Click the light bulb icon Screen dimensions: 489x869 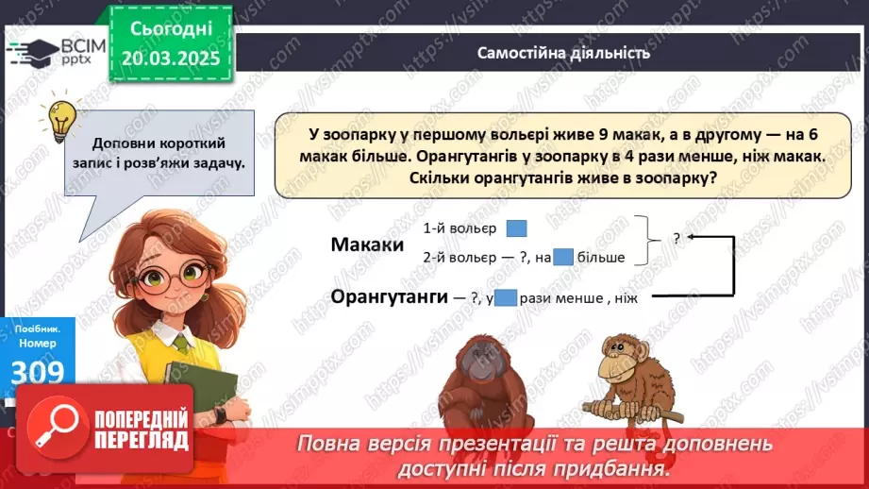61,121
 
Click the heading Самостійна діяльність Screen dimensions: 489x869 563,53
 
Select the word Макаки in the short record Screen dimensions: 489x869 367,244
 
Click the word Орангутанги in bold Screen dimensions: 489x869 389,296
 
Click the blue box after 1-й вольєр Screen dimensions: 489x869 516,228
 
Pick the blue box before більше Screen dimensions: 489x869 563,257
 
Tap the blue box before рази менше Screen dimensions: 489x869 506,297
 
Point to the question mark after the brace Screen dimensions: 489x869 677,239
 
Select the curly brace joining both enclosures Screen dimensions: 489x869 644,240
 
